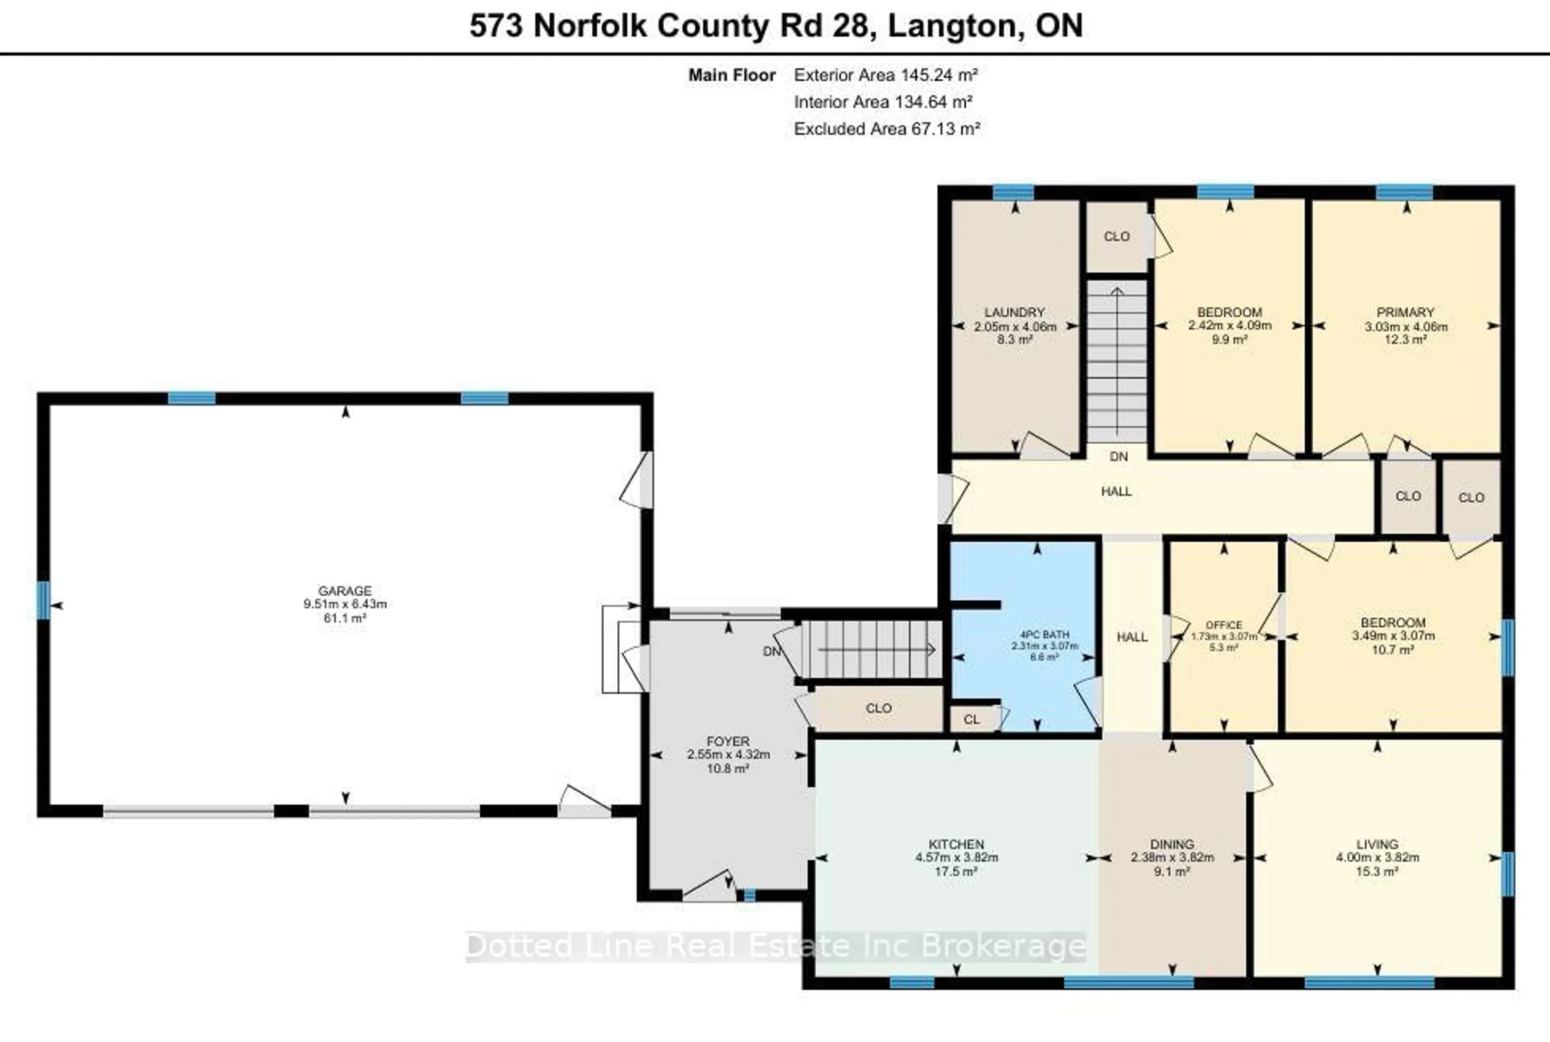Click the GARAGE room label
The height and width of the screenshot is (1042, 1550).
[344, 590]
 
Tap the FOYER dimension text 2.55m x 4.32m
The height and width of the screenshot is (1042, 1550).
[728, 754]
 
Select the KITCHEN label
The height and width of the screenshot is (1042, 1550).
[956, 844]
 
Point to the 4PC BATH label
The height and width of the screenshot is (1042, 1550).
[1044, 634]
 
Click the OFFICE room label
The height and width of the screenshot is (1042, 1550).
[1224, 625]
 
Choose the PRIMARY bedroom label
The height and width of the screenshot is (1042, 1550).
[1405, 312]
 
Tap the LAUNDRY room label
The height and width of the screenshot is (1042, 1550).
[1014, 312]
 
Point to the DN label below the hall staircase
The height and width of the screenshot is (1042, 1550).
[1119, 457]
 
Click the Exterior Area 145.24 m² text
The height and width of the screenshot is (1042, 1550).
[886, 75]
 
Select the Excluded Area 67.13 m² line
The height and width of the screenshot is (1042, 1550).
[887, 129]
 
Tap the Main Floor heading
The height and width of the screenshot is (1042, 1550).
[731, 75]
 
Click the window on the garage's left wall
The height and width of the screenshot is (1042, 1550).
[43, 600]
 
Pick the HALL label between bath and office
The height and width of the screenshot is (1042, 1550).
[1132, 637]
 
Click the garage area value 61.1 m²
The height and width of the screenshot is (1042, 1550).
[344, 618]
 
